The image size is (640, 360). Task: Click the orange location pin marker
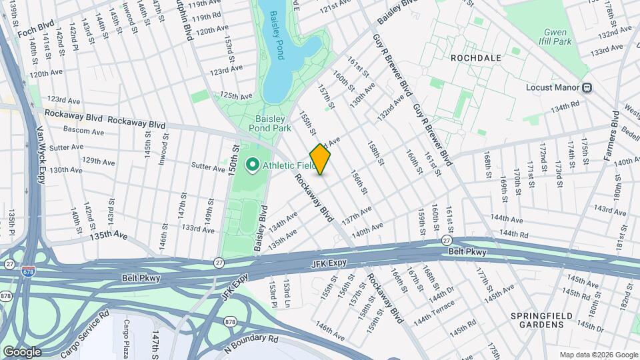point(321,159)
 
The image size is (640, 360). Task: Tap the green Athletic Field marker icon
point(253,165)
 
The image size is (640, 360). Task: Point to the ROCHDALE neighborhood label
point(475,58)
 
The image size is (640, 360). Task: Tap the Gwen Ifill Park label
point(558,37)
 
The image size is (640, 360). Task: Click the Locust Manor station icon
point(588,87)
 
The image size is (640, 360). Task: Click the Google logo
point(22,351)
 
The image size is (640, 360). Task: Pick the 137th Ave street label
point(357,215)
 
